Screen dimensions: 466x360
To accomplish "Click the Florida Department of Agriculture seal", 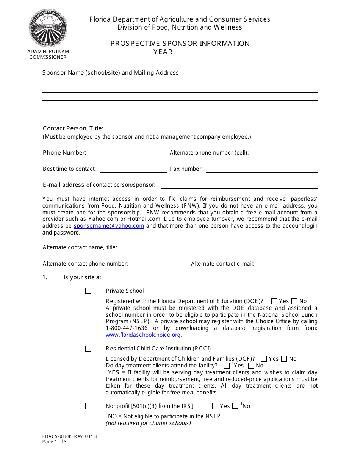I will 48,28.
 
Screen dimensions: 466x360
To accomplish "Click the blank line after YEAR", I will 190,53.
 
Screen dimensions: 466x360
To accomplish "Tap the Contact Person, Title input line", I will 213,129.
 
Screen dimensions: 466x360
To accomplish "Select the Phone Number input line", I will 128,153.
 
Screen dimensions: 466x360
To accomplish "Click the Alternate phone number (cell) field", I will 285,153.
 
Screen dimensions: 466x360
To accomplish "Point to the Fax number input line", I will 261,169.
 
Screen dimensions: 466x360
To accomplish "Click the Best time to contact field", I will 133,169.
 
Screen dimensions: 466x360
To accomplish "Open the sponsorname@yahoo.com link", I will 109,226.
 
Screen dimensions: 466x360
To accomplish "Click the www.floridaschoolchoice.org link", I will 143,335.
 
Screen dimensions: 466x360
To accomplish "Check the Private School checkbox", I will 88,291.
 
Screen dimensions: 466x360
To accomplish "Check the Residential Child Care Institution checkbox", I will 88,349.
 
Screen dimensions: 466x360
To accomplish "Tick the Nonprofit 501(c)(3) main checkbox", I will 88,406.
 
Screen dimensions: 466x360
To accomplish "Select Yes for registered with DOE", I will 274,302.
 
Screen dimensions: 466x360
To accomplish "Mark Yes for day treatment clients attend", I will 227,366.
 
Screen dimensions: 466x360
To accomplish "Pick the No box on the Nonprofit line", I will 235,406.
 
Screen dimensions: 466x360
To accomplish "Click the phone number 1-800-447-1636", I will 127,328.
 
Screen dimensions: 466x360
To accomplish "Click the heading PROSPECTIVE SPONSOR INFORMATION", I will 180,44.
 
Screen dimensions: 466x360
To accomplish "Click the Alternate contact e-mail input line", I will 288,264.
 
